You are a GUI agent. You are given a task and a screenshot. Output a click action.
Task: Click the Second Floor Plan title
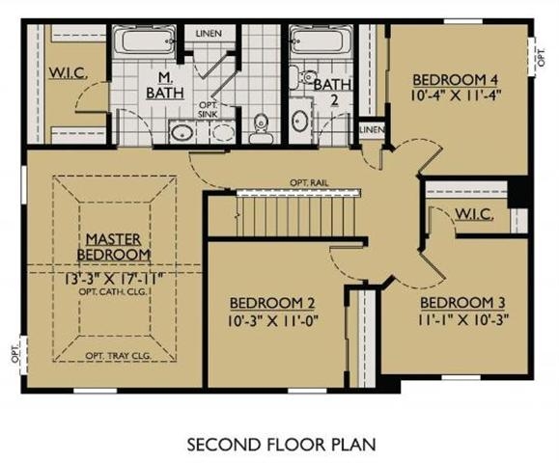[x=281, y=445]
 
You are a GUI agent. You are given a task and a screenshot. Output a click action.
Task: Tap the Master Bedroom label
[x=114, y=247]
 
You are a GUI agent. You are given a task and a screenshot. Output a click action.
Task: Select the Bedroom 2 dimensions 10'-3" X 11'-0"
[x=272, y=321]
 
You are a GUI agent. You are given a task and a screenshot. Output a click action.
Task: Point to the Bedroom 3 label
[x=462, y=303]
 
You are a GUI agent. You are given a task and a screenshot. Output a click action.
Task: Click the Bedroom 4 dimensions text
[x=456, y=95]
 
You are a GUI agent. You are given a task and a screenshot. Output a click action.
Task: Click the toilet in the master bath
[x=262, y=129]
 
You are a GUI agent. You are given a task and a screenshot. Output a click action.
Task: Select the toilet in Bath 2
[x=302, y=79]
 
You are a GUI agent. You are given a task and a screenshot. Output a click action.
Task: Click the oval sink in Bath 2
[x=300, y=122]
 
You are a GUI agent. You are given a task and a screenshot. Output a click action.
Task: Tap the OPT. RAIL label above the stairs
[x=309, y=183]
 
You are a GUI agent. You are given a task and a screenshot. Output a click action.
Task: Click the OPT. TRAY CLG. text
[x=119, y=355]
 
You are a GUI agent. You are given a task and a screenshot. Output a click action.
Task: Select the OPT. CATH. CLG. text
[x=113, y=291]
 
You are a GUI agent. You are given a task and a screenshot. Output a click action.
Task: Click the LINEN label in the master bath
[x=209, y=34]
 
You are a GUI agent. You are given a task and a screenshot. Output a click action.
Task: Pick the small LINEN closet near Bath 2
[x=372, y=129]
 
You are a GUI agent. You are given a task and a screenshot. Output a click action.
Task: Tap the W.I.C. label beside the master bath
[x=68, y=72]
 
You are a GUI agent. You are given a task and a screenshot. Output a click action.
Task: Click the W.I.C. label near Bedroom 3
[x=474, y=214]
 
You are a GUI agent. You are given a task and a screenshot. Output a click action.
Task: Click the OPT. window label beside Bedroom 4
[x=542, y=57]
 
